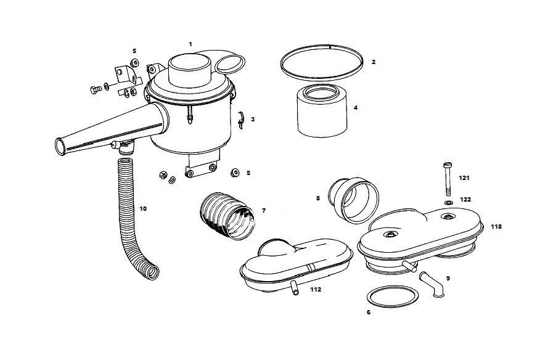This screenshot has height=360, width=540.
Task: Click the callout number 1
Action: point(190,44)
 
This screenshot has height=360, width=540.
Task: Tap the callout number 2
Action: point(374,62)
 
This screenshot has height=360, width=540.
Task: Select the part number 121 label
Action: point(464,178)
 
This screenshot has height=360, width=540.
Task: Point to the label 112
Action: point(315,288)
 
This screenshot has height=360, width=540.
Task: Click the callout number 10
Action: point(143,209)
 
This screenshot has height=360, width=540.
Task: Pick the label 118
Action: point(496,227)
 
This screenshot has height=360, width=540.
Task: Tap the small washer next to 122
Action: point(448,201)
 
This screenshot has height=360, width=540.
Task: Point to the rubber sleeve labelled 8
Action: point(352,199)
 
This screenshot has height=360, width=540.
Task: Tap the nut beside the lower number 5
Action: point(234,172)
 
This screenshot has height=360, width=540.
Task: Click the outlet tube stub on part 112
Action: point(293,288)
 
